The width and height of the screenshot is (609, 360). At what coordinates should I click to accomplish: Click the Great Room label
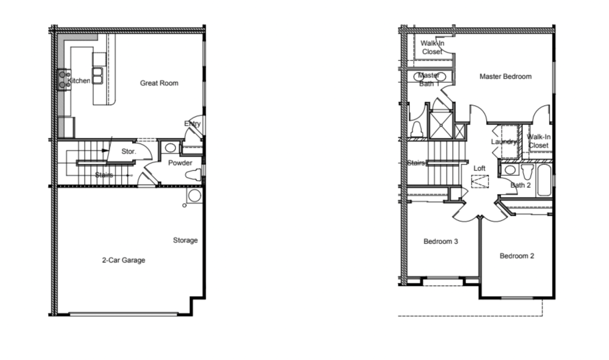(159, 83)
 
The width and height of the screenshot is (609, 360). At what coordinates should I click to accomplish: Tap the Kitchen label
(79, 81)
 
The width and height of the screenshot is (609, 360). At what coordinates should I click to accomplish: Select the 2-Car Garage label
(123, 260)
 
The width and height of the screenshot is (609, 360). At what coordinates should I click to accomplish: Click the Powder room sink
(170, 148)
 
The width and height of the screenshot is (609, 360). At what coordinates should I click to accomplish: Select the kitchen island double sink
(98, 76)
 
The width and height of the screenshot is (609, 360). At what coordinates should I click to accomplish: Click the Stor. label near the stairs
(129, 152)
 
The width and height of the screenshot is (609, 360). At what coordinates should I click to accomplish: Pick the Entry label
(192, 124)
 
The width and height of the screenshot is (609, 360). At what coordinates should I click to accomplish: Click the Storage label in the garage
(185, 240)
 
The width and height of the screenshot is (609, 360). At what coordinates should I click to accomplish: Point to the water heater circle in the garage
(195, 195)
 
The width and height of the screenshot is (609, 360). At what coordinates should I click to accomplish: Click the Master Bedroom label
(505, 77)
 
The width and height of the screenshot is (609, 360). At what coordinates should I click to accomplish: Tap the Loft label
(479, 168)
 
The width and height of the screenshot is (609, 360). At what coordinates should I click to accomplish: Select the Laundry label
(504, 142)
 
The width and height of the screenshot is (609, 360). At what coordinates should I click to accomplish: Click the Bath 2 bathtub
(544, 180)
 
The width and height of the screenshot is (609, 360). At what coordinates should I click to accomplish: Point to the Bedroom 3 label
(441, 242)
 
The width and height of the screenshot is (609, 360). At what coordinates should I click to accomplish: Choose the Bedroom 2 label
(517, 256)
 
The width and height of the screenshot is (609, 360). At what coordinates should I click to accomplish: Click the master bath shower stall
(441, 125)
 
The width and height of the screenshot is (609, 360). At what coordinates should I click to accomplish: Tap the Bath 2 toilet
(527, 171)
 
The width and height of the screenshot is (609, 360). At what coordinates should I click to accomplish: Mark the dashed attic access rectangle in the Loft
(480, 181)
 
